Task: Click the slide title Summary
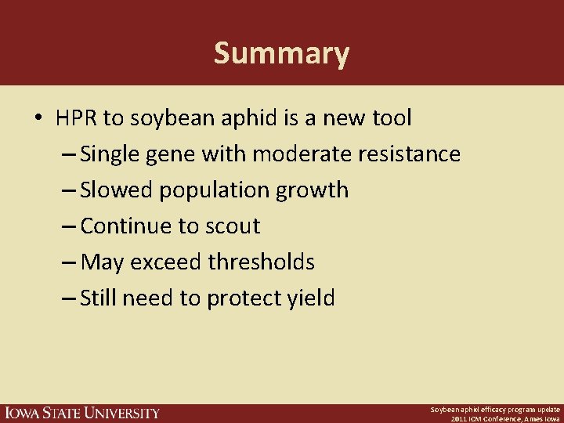[281, 54]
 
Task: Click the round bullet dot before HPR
[38, 119]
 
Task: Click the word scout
[233, 226]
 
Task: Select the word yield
[309, 298]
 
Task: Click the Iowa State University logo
[81, 413]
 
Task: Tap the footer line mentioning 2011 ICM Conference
[505, 418]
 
